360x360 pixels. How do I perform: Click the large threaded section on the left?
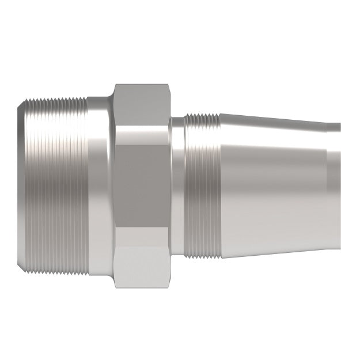pyautogui.click(x=58, y=184)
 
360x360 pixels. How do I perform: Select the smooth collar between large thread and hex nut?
pyautogui.click(x=100, y=184)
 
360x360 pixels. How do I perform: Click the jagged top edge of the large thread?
pyautogui.click(x=58, y=99)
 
